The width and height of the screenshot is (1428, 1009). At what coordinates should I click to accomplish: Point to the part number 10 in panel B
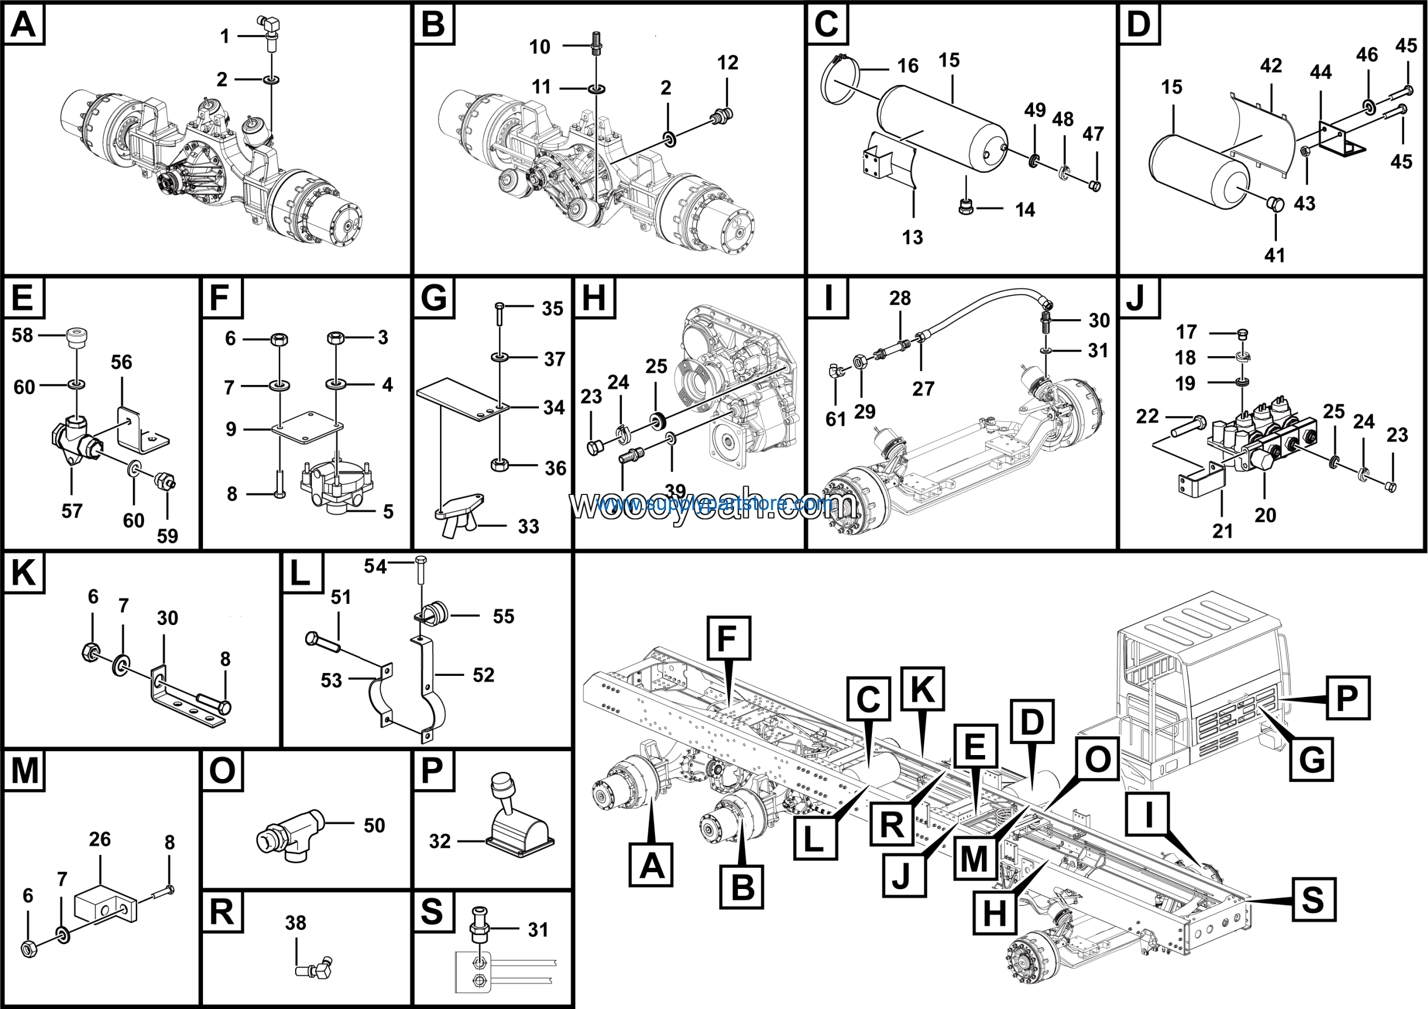[x=539, y=47]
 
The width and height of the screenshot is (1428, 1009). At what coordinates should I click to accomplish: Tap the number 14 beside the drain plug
[x=1025, y=210]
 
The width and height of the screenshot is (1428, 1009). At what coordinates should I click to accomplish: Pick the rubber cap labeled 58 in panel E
[x=77, y=338]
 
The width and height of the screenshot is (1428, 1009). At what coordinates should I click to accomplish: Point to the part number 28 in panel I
[x=899, y=298]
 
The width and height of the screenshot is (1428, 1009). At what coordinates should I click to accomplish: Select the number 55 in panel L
[x=503, y=616]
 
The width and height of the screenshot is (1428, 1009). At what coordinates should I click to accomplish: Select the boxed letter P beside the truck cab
[x=1347, y=698]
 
